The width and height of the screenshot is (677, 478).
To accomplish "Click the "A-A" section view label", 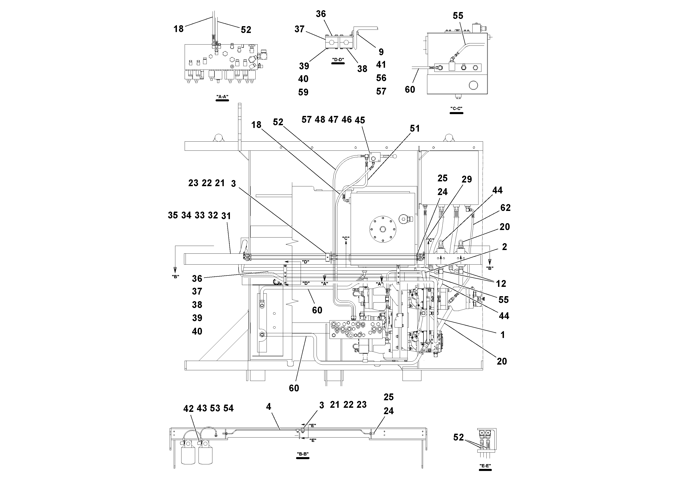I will (222, 97).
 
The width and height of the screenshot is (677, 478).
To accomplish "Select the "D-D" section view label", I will (338, 60).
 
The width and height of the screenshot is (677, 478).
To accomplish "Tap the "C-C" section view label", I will (456, 109).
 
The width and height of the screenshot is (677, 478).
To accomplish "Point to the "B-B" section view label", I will (303, 454).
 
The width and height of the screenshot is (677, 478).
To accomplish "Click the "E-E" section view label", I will (485, 466).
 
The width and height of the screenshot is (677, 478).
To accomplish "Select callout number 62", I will (505, 208).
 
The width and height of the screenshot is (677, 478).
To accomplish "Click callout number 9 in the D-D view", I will (381, 52).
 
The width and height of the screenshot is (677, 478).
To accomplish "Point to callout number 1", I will (503, 335).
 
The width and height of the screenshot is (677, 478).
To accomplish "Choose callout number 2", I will (504, 247).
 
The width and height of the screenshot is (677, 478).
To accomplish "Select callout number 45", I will (360, 120).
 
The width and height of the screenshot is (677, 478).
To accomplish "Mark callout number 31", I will (226, 216).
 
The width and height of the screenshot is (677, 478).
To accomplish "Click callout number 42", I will (189, 409).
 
